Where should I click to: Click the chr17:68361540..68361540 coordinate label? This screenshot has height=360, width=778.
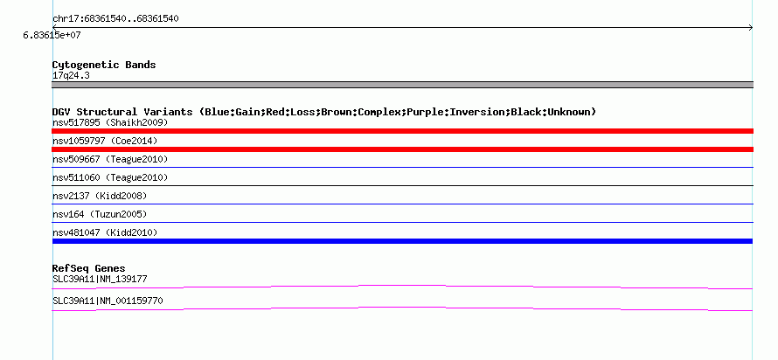pos(115,19)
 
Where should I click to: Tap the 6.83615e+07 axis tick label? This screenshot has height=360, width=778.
pos(52,36)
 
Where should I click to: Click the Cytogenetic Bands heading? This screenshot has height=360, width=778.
pos(104,65)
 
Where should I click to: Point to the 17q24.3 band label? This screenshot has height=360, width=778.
pos(71,76)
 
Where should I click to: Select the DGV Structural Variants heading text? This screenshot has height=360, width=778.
pos(324,112)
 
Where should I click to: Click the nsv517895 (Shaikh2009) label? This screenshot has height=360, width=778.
pos(110,122)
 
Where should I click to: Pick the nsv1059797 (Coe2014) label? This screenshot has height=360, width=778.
pos(105,141)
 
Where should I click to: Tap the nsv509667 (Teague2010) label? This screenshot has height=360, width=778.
pos(110,159)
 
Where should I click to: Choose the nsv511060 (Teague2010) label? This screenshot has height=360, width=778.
pos(110,177)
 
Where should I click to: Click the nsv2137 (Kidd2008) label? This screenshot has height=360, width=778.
pos(100,196)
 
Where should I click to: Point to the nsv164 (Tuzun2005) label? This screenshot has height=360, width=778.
pos(100,214)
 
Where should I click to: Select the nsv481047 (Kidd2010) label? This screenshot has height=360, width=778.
pos(105,232)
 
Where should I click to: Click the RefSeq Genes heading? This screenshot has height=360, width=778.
pos(89,269)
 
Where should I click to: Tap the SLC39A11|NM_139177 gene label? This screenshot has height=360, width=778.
pos(100,279)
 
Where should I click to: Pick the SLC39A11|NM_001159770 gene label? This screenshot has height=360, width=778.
pos(108,301)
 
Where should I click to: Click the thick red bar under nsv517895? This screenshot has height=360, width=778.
pos(402,131)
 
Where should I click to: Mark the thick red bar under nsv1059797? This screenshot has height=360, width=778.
pos(402,149)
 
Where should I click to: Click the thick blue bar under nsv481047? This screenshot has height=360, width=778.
pos(402,241)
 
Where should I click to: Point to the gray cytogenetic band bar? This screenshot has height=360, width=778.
pos(402,85)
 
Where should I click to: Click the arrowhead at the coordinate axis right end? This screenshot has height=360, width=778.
pos(751,28)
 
